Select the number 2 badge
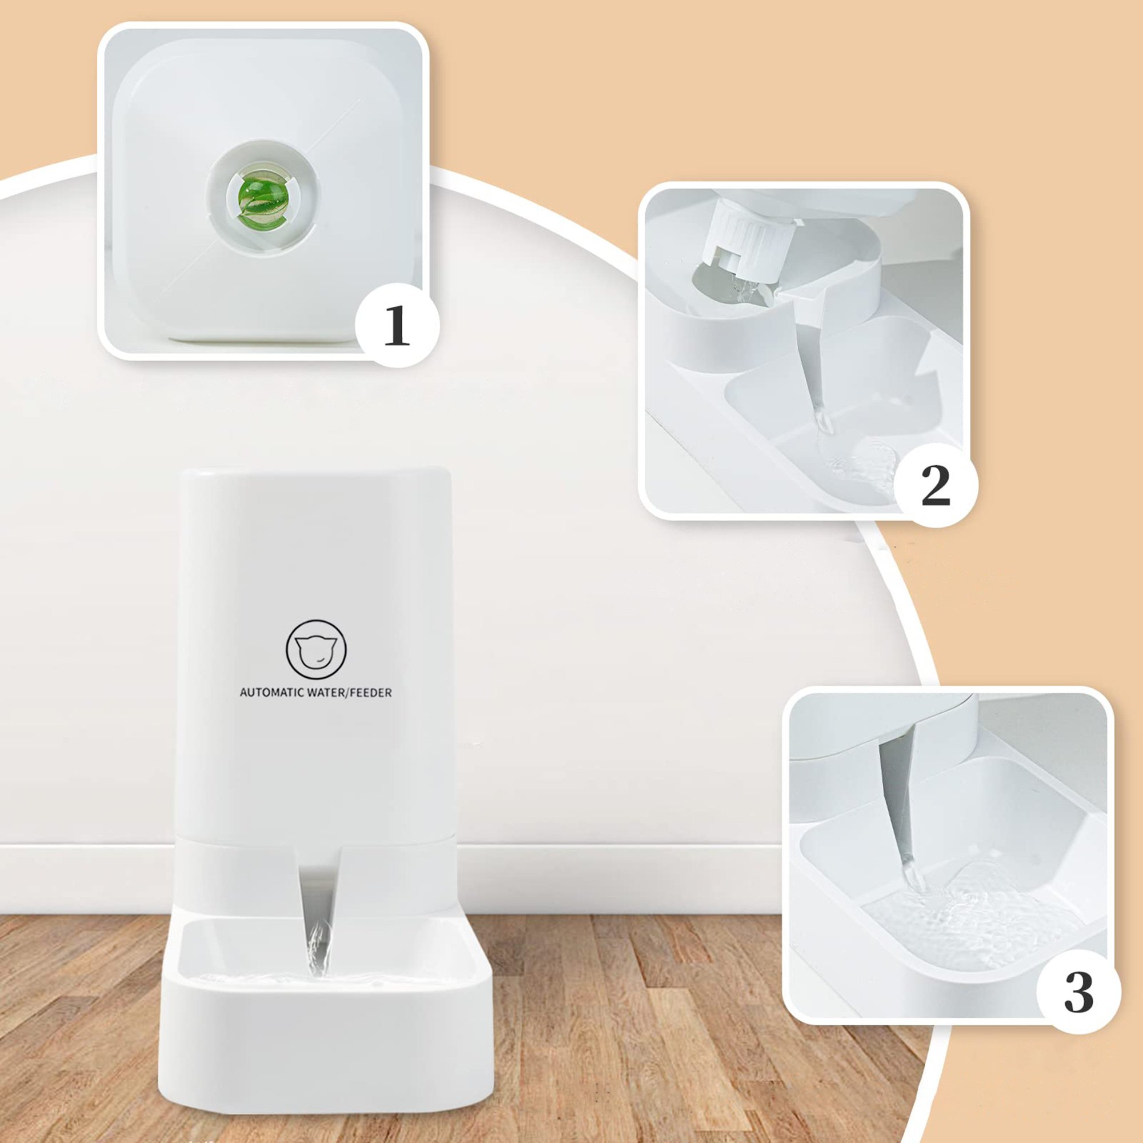click(x=936, y=485)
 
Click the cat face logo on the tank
click(x=316, y=650)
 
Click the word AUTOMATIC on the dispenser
click(x=271, y=692)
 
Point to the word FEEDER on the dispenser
click(x=370, y=692)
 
